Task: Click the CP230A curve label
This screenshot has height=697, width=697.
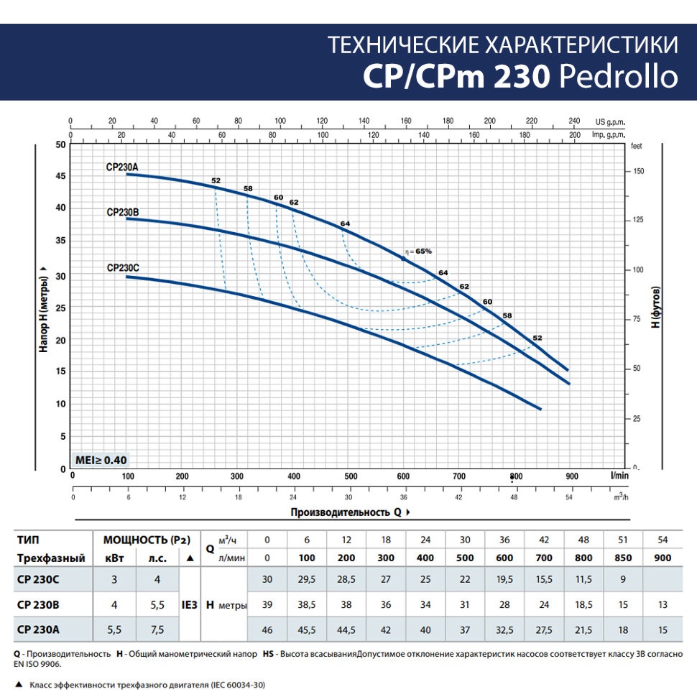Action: (x=121, y=167)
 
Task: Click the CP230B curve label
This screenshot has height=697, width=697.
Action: (x=122, y=212)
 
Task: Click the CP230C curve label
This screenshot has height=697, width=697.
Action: (x=122, y=268)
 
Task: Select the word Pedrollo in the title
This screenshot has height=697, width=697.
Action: (x=618, y=76)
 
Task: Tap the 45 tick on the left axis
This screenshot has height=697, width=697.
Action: (x=60, y=176)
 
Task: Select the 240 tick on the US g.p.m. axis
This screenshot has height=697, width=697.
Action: (x=574, y=121)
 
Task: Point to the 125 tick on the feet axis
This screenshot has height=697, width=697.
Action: (x=637, y=220)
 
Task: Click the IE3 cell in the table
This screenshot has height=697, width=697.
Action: (x=189, y=605)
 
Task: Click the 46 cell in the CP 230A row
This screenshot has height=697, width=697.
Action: (x=267, y=629)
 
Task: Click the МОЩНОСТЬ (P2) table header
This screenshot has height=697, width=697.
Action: (x=137, y=540)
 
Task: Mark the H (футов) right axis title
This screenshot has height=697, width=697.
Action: (x=655, y=309)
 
